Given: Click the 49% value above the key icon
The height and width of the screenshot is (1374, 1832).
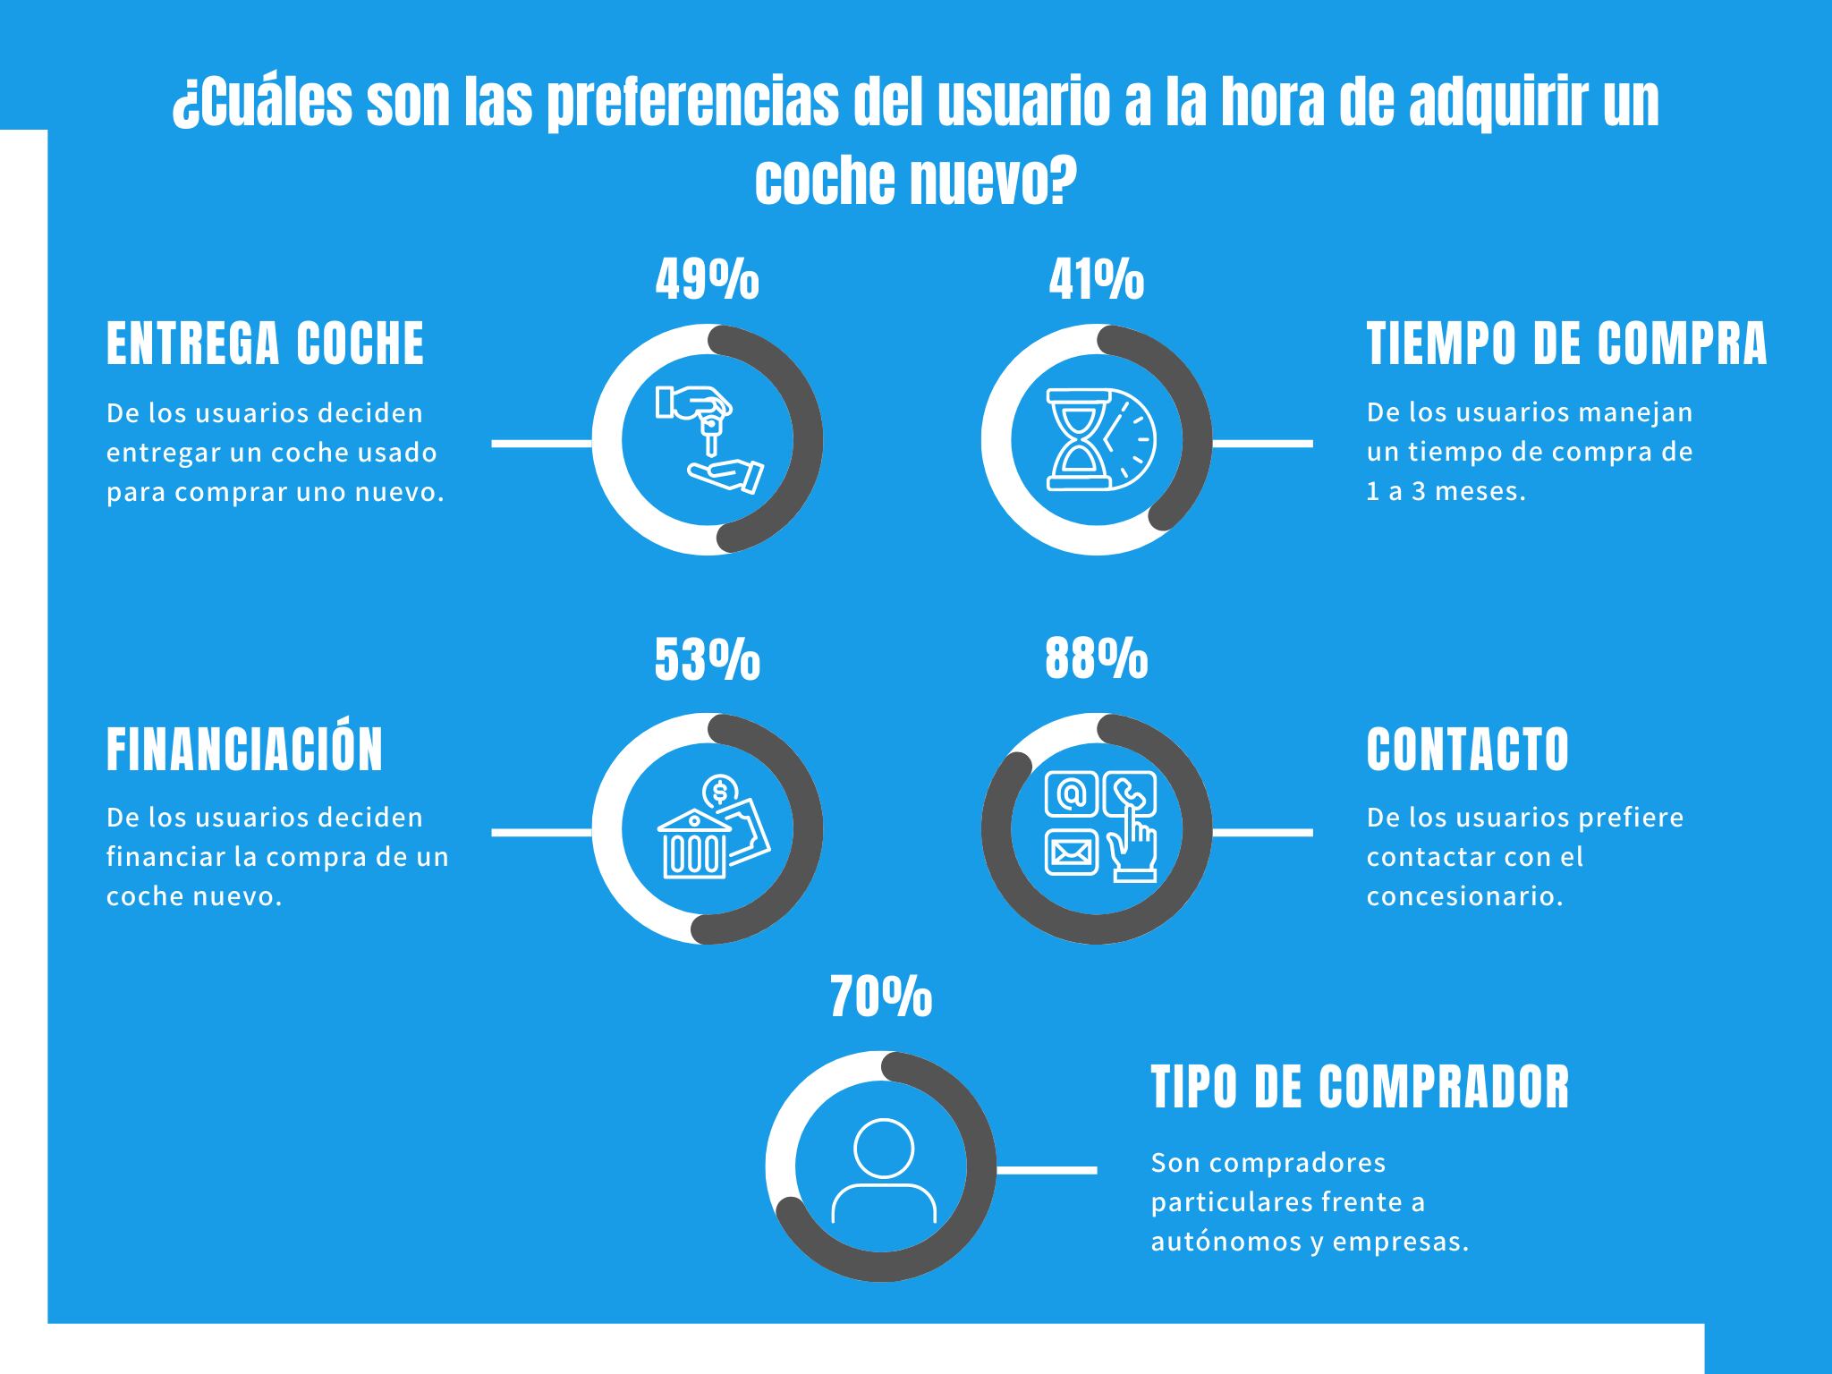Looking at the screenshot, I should point(707,280).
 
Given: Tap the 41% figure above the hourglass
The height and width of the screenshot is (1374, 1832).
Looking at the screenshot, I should point(1096,280).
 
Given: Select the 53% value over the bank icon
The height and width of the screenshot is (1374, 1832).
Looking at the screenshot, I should point(707,660).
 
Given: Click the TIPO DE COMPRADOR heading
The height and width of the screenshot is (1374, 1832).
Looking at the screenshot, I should point(1360,1087).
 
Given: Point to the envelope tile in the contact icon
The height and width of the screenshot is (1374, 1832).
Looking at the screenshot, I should point(1072,852).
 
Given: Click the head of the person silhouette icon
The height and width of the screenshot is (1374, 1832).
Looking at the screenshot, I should point(884,1148).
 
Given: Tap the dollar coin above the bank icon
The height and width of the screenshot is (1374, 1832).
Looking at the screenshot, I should point(719,791).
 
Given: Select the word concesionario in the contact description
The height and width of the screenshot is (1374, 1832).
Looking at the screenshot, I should point(1463,896).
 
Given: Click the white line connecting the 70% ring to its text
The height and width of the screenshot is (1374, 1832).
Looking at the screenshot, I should point(1047,1169).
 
